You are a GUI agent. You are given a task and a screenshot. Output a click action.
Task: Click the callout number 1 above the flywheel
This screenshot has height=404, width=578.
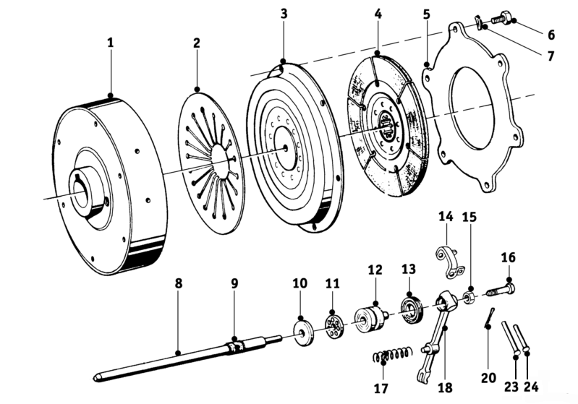pos(111,43)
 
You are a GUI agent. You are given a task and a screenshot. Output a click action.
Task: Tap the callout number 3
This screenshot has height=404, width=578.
pos(284,14)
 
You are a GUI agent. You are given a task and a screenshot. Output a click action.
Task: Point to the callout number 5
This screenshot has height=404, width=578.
pos(427,14)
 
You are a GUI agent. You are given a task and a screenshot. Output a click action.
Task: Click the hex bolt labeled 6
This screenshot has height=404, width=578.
pos(503,18)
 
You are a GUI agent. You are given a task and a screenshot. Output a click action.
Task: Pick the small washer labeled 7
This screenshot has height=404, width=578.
pos(478,23)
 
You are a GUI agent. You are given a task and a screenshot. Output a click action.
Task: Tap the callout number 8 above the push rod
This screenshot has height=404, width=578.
pos(179,283)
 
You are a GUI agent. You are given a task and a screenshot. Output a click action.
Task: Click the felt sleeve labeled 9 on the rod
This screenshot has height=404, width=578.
pos(236,347)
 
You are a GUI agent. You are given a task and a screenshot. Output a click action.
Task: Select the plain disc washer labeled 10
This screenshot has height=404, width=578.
pos(302,333)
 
